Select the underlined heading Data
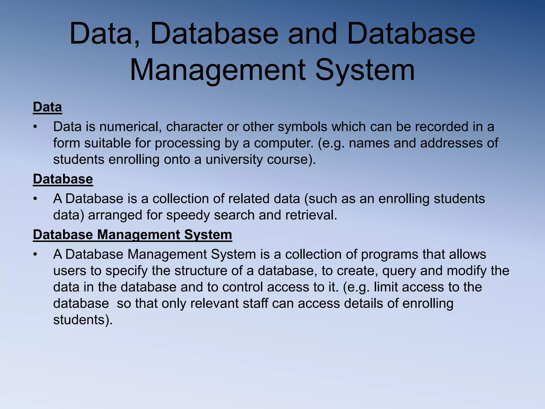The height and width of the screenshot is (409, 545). click(47, 107)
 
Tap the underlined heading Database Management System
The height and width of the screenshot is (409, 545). click(132, 235)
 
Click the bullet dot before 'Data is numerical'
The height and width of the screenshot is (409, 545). click(35, 127)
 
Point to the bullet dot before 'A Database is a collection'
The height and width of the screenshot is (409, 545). click(35, 199)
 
